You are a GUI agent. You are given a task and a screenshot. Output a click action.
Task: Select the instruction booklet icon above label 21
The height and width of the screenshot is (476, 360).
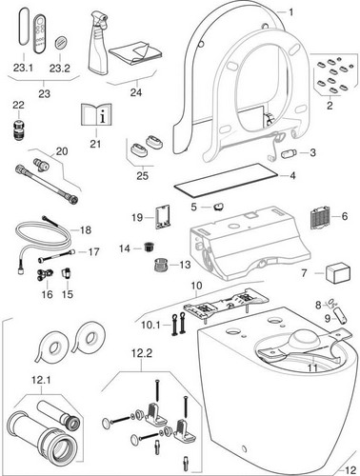tap(96, 114)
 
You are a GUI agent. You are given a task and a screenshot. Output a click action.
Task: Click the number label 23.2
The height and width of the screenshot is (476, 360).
tap(59, 68)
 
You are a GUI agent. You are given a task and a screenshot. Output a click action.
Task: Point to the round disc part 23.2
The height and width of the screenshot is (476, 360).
tap(60, 43)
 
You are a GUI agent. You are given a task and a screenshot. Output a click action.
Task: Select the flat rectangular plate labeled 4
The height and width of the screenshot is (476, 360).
tap(226, 178)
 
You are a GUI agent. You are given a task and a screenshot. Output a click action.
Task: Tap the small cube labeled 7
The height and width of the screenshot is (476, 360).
tap(338, 272)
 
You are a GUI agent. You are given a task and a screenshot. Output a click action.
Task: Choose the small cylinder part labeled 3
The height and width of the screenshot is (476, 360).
tap(289, 153)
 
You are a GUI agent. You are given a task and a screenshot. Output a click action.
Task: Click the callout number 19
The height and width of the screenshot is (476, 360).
tap(137, 218)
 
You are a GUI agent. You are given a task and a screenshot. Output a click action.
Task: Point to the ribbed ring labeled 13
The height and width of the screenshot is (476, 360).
tap(161, 265)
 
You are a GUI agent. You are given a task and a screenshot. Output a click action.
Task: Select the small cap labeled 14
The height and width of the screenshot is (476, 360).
tap(148, 247)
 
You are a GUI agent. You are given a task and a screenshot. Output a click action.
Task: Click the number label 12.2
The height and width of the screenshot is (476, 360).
tap(142, 353)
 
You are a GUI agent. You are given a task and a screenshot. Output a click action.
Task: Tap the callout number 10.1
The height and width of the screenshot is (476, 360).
tap(150, 325)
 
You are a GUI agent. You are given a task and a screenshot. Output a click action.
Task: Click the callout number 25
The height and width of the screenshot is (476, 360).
tap(142, 175)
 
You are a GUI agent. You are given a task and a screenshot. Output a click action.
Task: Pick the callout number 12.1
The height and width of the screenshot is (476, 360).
tap(41, 380)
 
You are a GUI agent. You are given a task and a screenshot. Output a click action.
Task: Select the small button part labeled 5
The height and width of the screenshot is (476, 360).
tap(218, 207)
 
